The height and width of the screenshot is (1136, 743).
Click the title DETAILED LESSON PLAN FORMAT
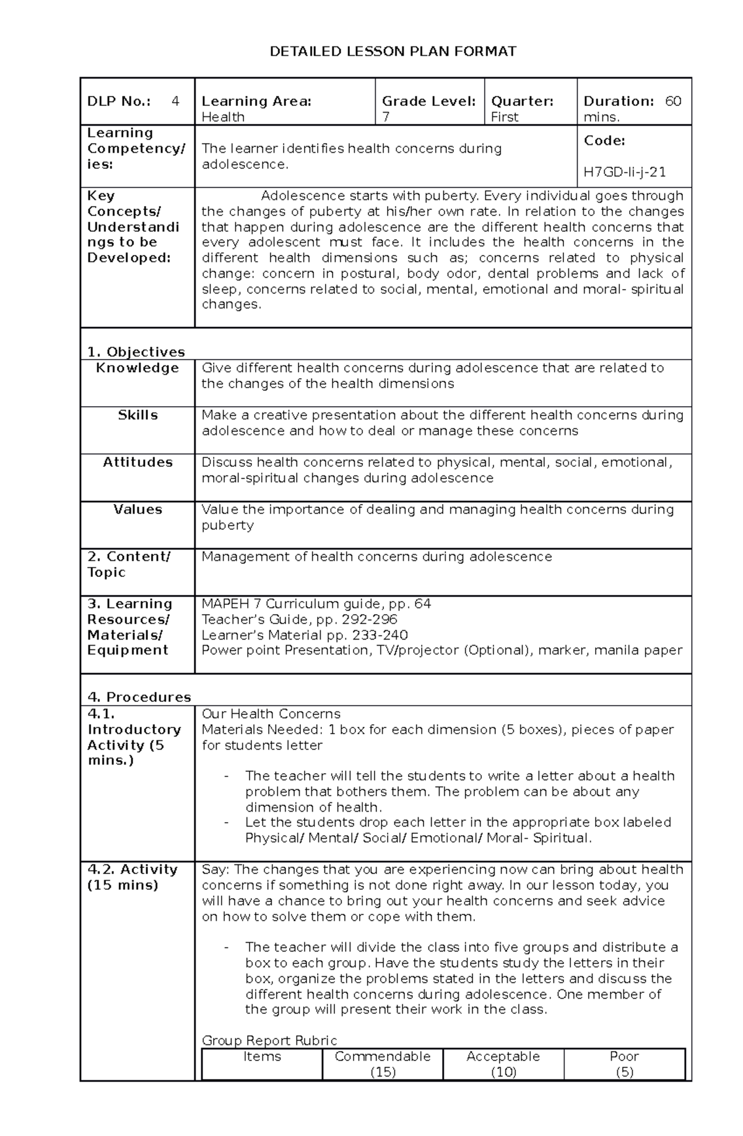393,51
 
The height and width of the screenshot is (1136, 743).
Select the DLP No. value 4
175,101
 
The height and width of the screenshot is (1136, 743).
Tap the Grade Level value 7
386,117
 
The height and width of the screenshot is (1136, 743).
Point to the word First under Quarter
505,117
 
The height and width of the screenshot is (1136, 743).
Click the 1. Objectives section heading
136,352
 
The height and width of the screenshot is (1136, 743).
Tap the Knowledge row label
137,368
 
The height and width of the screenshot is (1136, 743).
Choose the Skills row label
137,415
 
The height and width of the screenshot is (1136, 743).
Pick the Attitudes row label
137,462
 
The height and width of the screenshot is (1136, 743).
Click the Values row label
137,509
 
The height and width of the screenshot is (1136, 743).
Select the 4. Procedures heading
139,697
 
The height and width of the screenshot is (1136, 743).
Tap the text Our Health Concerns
271,714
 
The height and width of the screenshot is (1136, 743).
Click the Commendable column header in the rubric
383,1056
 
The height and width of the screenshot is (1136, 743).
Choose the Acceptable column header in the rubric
503,1056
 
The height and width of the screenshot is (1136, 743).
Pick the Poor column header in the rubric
624,1056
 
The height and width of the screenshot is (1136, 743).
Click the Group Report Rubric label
269,1040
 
